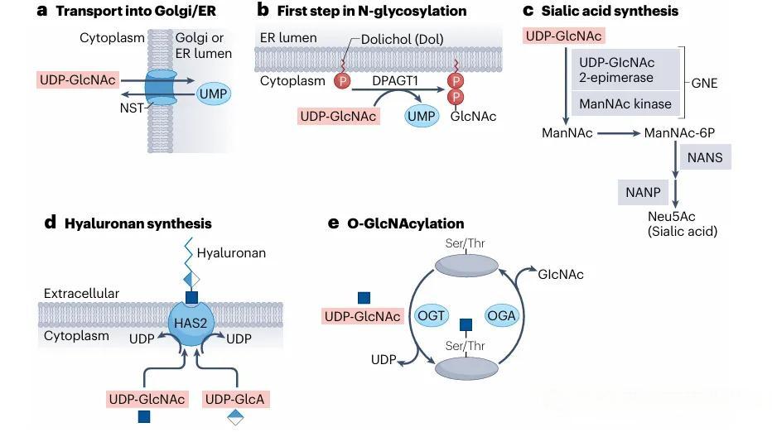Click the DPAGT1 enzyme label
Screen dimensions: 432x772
(x=395, y=80)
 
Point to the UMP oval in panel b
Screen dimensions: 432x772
(x=421, y=116)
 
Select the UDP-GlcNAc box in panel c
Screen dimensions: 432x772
(x=563, y=35)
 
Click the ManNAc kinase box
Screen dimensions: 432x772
(x=626, y=104)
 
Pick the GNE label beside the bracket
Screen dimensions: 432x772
(x=703, y=83)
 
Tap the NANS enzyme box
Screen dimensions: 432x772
(x=704, y=157)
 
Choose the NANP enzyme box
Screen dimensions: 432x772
(x=643, y=192)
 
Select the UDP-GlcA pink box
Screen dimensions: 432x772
(x=235, y=399)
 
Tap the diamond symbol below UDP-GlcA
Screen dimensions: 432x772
(x=235, y=417)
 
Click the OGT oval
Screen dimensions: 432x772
(x=432, y=314)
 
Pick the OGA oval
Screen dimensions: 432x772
(x=502, y=314)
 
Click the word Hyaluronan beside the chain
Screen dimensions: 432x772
(x=231, y=253)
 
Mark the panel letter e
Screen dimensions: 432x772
(x=333, y=223)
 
